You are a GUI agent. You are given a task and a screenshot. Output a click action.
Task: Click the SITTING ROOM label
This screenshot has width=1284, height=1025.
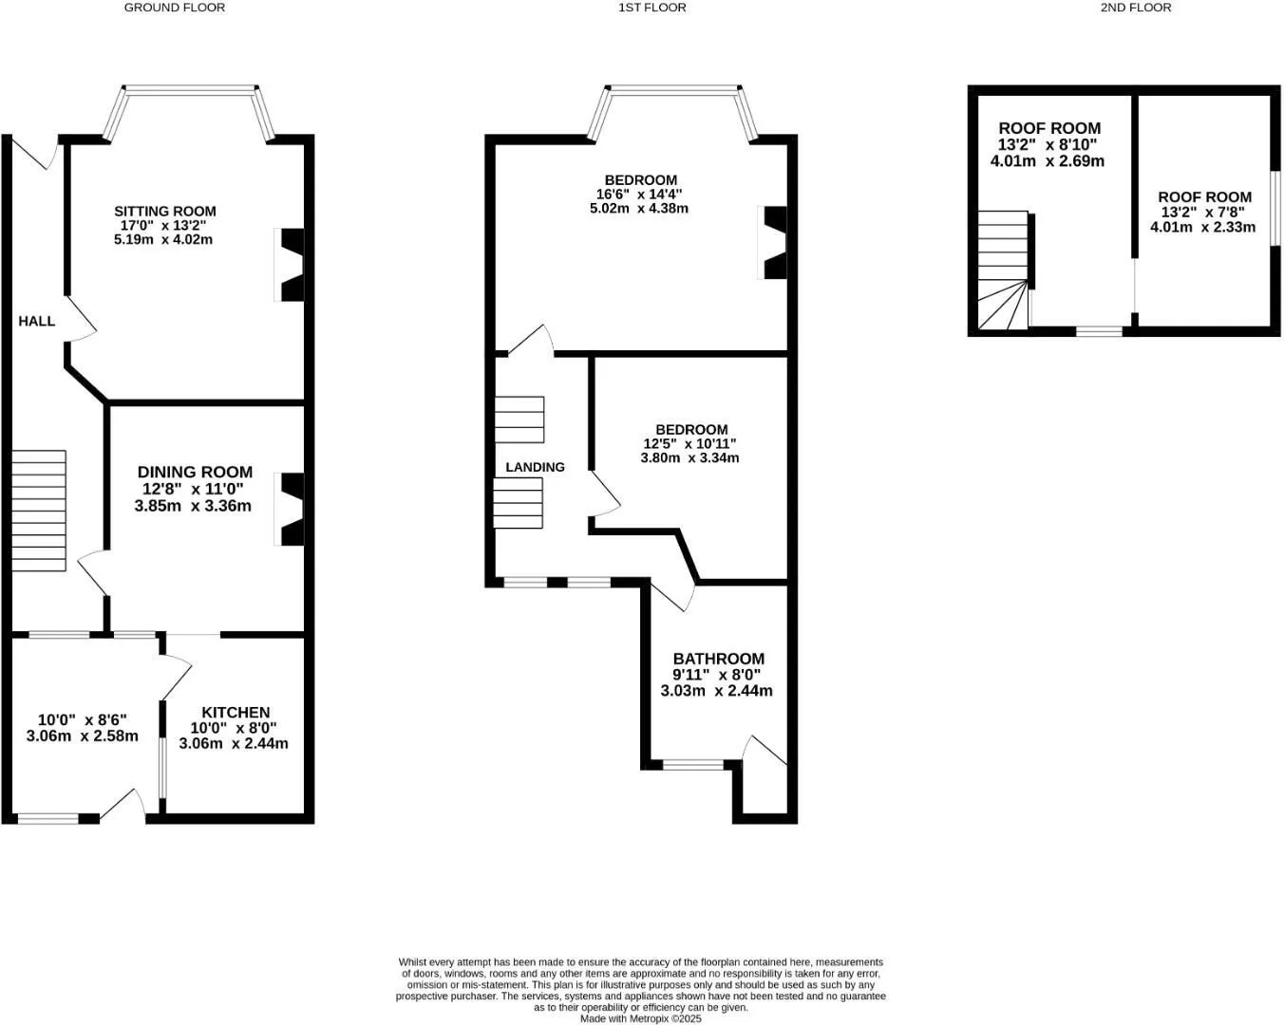click(165, 211)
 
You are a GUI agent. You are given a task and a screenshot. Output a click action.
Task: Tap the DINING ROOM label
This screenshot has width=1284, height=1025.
click(195, 472)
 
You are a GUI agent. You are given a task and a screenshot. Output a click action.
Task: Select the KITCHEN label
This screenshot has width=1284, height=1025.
click(236, 712)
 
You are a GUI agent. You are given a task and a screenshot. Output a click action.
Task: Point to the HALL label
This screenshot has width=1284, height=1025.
click(37, 322)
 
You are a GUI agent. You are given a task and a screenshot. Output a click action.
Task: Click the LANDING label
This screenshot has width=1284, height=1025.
click(536, 467)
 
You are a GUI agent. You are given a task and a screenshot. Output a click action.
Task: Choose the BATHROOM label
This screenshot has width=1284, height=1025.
click(718, 659)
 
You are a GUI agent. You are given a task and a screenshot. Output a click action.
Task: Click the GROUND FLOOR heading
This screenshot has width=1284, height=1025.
click(175, 8)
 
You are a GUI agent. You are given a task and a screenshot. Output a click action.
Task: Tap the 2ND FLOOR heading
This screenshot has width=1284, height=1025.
click(1136, 8)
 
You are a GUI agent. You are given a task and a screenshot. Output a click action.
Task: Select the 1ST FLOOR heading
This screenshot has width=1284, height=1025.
click(652, 8)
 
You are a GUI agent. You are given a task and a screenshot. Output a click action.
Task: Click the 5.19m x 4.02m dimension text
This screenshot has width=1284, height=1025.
click(163, 240)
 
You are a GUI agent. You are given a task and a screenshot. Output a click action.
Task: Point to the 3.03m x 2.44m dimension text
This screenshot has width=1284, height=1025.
click(717, 691)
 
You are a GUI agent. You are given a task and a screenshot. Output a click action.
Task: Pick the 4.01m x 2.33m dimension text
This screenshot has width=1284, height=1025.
click(1203, 227)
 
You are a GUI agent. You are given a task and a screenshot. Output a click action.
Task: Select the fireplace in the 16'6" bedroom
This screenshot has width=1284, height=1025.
click(773, 243)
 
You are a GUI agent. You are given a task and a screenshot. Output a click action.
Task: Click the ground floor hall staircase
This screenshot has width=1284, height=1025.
click(39, 511)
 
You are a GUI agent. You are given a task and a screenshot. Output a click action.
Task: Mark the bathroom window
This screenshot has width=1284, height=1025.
click(692, 764)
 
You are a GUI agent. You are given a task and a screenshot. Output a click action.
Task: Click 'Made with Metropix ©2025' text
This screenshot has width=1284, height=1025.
click(641, 1018)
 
